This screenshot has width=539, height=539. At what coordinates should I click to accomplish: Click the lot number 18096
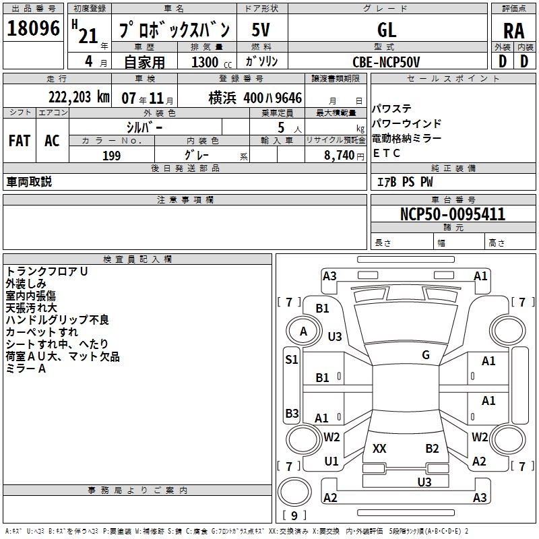pyautogui.click(x=33, y=28)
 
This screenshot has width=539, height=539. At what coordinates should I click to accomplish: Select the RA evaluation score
pyautogui.click(x=513, y=30)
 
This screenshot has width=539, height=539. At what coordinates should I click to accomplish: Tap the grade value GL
pyautogui.click(x=387, y=30)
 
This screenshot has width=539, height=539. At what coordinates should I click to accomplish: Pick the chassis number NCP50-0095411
pyautogui.click(x=453, y=214)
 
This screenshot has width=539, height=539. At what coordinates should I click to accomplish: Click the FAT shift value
pyautogui.click(x=19, y=140)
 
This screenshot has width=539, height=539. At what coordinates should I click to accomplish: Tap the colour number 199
pyautogui.click(x=111, y=156)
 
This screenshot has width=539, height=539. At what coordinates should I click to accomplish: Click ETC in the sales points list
pyautogui.click(x=387, y=153)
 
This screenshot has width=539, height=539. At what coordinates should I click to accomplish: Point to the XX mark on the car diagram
pyautogui.click(x=380, y=448)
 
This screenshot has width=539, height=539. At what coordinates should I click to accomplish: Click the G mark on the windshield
pyautogui.click(x=426, y=355)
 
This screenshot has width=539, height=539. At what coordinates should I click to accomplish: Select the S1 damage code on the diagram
pyautogui.click(x=291, y=360)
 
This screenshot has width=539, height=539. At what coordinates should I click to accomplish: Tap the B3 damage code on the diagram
pyautogui.click(x=292, y=413)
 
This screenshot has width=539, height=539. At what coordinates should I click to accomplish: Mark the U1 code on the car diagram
pyautogui.click(x=331, y=462)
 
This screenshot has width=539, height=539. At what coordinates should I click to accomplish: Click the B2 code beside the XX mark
pyautogui.click(x=432, y=448)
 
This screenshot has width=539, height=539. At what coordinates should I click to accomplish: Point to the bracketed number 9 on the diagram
pyautogui.click(x=294, y=516)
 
